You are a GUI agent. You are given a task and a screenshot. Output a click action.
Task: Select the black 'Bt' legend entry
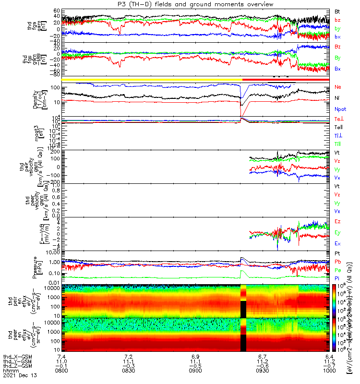coord(338,11)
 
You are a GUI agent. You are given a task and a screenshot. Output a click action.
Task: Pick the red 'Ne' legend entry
coord(338,86)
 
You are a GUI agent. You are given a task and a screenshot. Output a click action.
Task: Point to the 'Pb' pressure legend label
coord(338,262)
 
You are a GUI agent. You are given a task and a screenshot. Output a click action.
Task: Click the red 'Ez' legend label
coord(338,221)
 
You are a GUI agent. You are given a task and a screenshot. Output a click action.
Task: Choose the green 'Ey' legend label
coord(338,232)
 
